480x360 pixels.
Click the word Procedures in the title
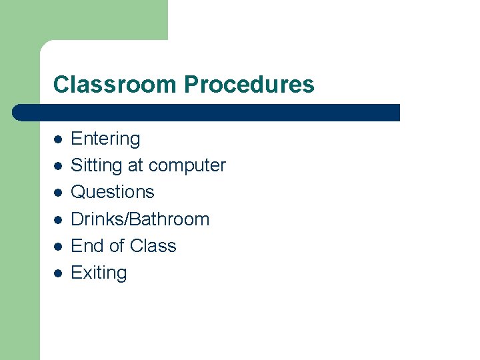pyautogui.click(x=249, y=85)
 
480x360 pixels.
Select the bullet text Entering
pyautogui.click(x=105, y=139)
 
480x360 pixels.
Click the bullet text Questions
pyautogui.click(x=112, y=192)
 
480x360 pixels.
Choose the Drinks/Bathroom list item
pyautogui.click(x=140, y=219)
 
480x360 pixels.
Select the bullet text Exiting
pyautogui.click(x=99, y=273)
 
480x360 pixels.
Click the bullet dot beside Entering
pyautogui.click(x=58, y=139)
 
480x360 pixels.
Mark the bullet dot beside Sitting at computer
pyautogui.click(x=58, y=166)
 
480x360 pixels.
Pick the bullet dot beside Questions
pyautogui.click(x=58, y=193)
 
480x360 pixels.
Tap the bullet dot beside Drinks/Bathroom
pyautogui.click(x=58, y=220)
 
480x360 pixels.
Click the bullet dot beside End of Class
pyautogui.click(x=58, y=247)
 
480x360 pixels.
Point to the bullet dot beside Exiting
pyautogui.click(x=58, y=273)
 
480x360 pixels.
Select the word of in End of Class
pyautogui.click(x=116, y=246)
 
